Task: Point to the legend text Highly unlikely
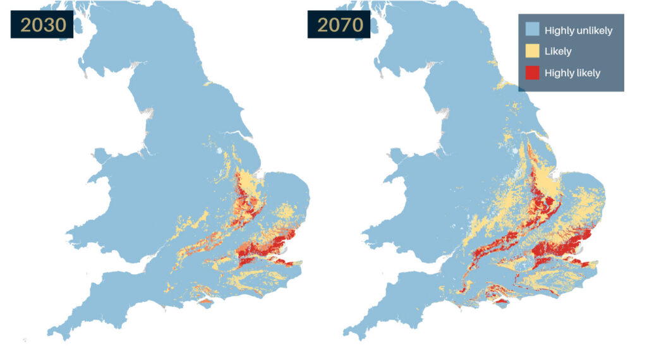point(578,30)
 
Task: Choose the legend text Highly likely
point(572,73)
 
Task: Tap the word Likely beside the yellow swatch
point(558,52)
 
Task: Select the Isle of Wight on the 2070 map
point(502,304)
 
